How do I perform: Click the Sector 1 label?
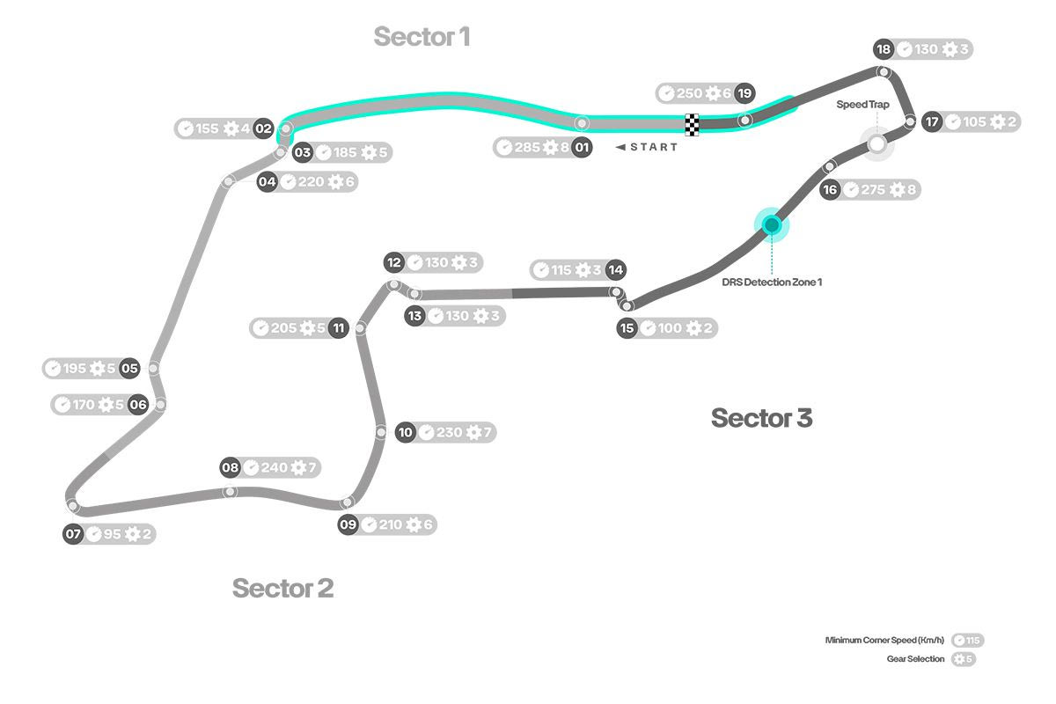coord(422,37)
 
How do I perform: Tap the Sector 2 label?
coord(282,588)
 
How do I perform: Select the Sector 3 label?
coord(761,418)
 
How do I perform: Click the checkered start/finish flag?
coord(693,125)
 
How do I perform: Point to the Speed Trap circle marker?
coord(876,143)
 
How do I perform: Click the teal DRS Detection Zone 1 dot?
coord(772,224)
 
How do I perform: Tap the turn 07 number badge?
coord(74,534)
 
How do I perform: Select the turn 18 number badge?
coord(884,49)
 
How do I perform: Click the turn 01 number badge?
coord(582,147)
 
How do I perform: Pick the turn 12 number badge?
coord(394,262)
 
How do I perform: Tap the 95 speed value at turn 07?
coord(112,534)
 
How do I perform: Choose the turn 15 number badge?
coord(627,328)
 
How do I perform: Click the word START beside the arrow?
coord(654,147)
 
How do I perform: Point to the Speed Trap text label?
coord(862,104)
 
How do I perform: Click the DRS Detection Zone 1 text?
coord(772,282)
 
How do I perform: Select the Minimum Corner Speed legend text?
coord(884,640)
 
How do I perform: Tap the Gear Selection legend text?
coord(915,658)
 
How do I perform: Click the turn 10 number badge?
coord(405,432)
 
